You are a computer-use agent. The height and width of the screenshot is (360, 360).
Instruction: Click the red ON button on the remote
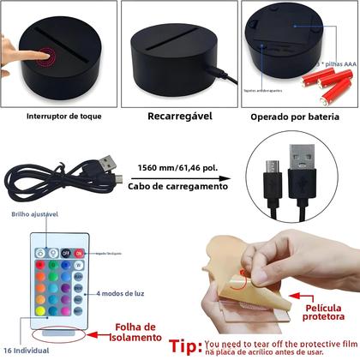[x=78, y=253]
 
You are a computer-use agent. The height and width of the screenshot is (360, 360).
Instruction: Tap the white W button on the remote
[x=78, y=265]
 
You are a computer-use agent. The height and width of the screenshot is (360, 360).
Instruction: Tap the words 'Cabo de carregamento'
[x=180, y=185]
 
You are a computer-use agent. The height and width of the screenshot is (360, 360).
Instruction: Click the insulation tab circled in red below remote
[x=57, y=330]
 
